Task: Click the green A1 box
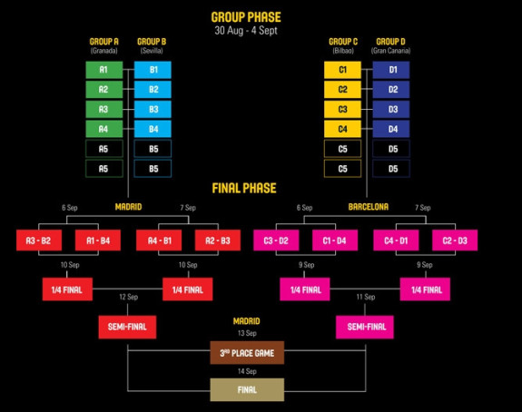pyautogui.click(x=104, y=70)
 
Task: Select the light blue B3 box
pyautogui.click(x=153, y=109)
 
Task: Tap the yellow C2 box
pyautogui.click(x=342, y=90)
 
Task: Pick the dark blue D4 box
pyautogui.click(x=391, y=129)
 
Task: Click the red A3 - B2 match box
pyautogui.click(x=39, y=240)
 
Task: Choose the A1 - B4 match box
pyautogui.click(x=98, y=240)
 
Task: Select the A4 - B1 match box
pyautogui.click(x=159, y=240)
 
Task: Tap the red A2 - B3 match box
pyautogui.click(x=218, y=240)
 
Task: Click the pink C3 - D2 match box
pyautogui.click(x=276, y=240)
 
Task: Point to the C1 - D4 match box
pyautogui.click(x=335, y=240)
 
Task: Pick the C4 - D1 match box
pyautogui.click(x=396, y=240)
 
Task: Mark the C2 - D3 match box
pyautogui.click(x=455, y=240)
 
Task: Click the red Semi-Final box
pyautogui.click(x=127, y=327)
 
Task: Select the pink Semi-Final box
pyautogui.click(x=365, y=327)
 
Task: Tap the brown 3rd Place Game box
pyautogui.click(x=247, y=353)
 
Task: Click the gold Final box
pyautogui.click(x=247, y=389)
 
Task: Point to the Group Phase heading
pyautogui.click(x=246, y=17)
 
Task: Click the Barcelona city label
pyautogui.click(x=369, y=207)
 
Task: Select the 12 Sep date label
pyautogui.click(x=129, y=297)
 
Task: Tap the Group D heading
pyautogui.click(x=391, y=42)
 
